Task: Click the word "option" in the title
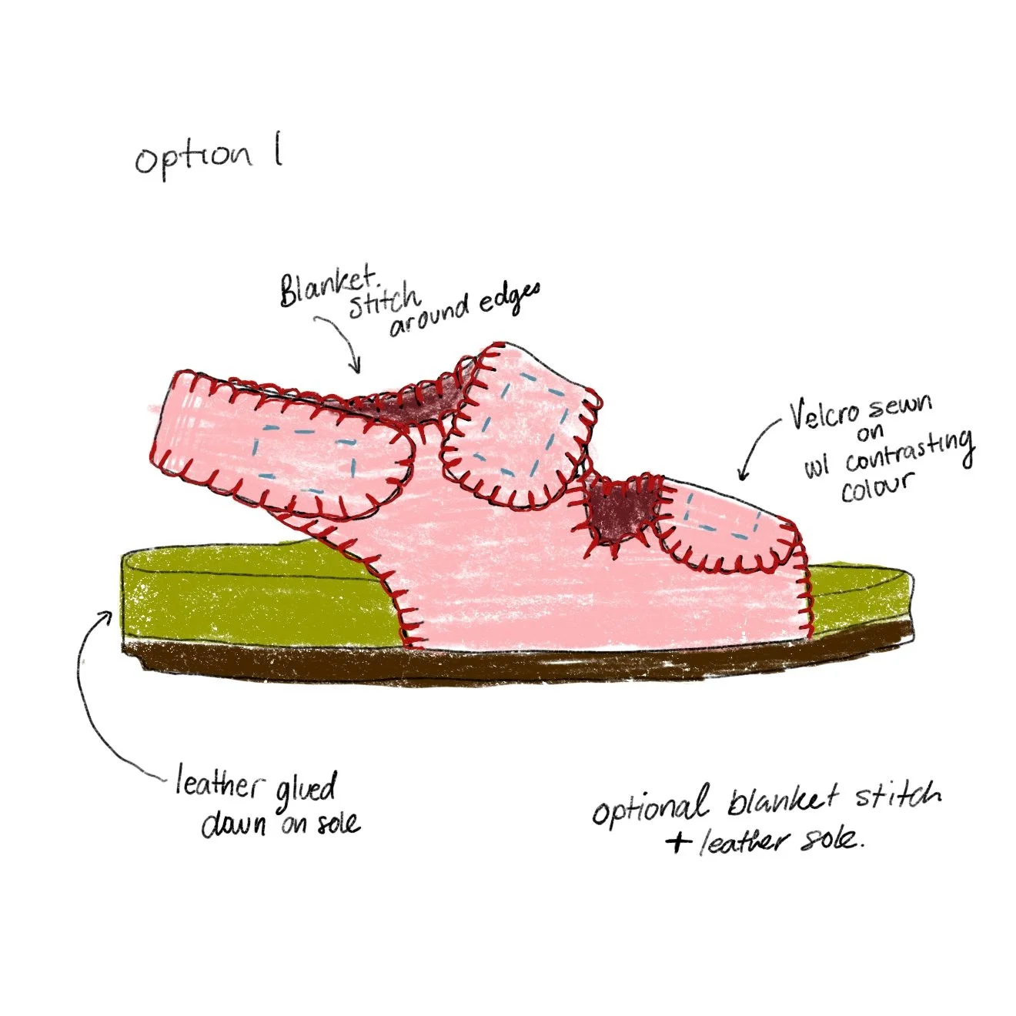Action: click(192, 158)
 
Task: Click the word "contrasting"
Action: click(908, 453)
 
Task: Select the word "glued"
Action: click(306, 787)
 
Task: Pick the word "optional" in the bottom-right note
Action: click(650, 806)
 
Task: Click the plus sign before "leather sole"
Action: click(678, 841)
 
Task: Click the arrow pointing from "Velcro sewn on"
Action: click(754, 450)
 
